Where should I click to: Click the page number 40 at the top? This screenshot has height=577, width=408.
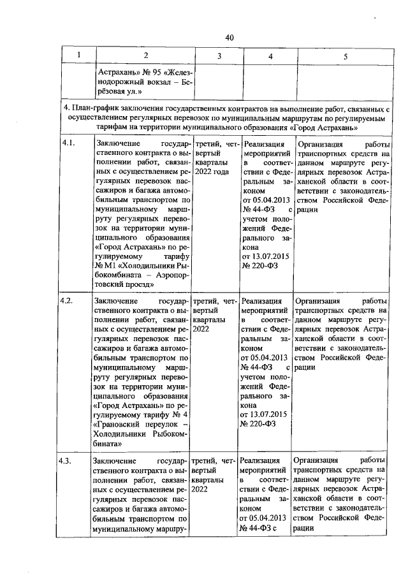click(229, 38)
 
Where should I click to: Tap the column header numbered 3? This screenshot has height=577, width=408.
click(218, 57)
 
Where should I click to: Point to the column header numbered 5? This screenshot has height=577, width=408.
click(345, 57)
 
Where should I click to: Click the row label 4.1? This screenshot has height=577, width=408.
click(68, 144)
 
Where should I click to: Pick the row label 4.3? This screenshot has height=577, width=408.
click(68, 460)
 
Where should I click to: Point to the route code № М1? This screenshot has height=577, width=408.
click(104, 264)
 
